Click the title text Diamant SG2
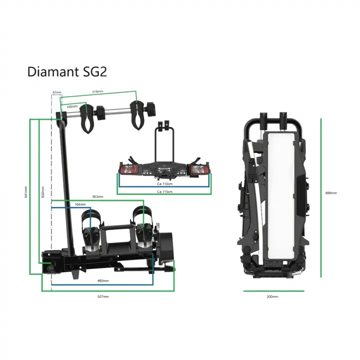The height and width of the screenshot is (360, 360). point(67,71)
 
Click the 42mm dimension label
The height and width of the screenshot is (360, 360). point(56,92)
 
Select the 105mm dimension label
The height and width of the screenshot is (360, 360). point(72,106)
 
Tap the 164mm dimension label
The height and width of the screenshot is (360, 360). point(79,204)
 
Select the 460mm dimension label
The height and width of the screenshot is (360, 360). point(103,281)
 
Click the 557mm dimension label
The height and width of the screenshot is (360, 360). point(103,296)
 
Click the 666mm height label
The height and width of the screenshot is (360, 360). point(331,192)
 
